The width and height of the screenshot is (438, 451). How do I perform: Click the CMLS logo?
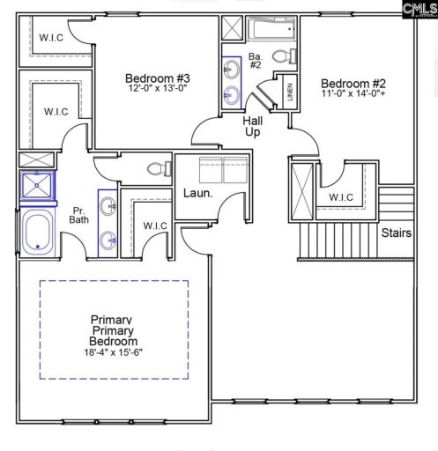click(418, 10)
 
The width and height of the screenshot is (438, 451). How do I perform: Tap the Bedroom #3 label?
click(158, 78)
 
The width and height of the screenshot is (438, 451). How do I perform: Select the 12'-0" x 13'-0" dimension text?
click(158, 89)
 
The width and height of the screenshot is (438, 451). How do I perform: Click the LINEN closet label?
click(289, 92)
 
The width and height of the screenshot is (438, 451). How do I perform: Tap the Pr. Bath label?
click(77, 214)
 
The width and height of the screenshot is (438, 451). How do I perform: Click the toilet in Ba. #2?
click(281, 56)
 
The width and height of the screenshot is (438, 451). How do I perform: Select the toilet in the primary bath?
click(158, 167)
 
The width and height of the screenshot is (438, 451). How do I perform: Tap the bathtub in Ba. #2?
click(271, 30)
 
